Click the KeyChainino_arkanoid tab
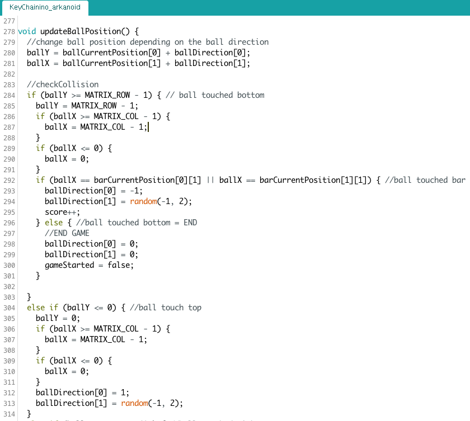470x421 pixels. [x=45, y=7]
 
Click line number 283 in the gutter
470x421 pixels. [x=8, y=84]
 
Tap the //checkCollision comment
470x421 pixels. [x=63, y=84]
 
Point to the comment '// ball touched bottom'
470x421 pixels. [x=215, y=95]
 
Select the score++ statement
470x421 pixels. [x=62, y=212]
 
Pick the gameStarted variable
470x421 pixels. [x=69, y=265]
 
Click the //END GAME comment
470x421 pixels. [x=67, y=233]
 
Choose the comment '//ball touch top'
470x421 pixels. [x=166, y=308]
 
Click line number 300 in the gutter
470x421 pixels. [x=8, y=265]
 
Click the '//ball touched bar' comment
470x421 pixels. [x=425, y=180]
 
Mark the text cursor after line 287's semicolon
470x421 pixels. [x=149, y=127]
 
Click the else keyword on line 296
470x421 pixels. [x=54, y=223]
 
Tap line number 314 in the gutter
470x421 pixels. [x=8, y=414]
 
